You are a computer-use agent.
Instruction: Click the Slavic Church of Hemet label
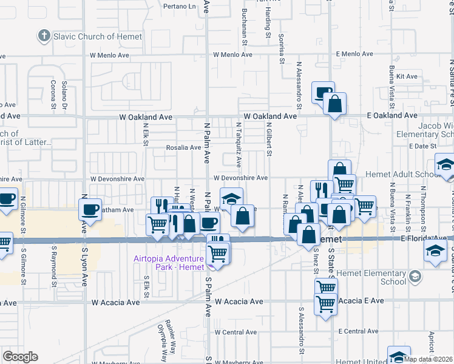tap(85, 36)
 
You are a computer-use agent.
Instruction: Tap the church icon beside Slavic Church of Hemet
tap(43, 36)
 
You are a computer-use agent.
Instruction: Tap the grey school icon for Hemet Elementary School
tap(415, 277)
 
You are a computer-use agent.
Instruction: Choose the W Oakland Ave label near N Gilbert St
tap(270, 115)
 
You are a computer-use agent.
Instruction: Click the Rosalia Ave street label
tap(184, 147)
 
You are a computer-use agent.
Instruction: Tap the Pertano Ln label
tap(180, 7)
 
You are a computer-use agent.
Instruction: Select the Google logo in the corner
tap(21, 357)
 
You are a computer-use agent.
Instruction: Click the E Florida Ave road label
tap(421, 239)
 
